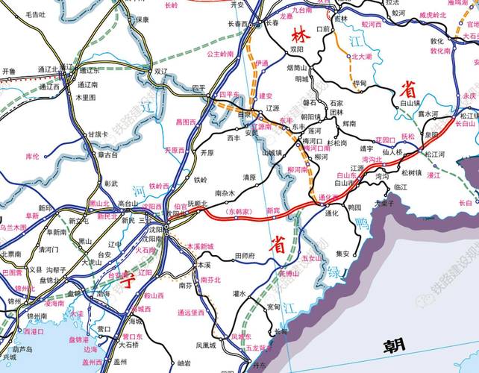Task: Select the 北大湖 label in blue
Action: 361,56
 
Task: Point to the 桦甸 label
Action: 360,84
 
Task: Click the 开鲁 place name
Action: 9,72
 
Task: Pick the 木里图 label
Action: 86,97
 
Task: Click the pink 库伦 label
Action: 31,156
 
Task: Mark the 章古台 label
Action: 108,155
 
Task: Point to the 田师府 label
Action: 245,256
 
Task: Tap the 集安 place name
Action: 342,254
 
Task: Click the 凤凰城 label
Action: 207,345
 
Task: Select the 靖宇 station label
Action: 366,148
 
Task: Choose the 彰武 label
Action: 111,183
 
